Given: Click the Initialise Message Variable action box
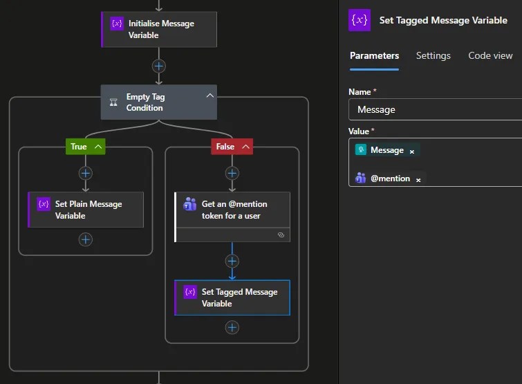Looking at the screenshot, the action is click(x=159, y=30).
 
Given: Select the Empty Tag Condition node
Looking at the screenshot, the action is click(x=159, y=102).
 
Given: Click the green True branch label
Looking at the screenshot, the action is click(x=86, y=147).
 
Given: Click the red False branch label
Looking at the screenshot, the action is click(x=232, y=147).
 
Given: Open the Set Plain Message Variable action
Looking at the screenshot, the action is click(x=86, y=210).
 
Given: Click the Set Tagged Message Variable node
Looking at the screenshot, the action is click(x=232, y=298).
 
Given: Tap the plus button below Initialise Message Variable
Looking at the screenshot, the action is click(x=159, y=66).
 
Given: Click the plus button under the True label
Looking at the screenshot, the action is click(x=86, y=173).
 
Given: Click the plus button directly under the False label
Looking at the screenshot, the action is click(x=232, y=173).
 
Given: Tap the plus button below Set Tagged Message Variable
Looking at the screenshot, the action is click(x=232, y=328).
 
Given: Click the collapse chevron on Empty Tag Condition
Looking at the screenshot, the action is click(x=209, y=95).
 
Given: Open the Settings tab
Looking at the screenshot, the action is click(x=433, y=55).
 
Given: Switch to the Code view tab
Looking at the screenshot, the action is click(x=490, y=55).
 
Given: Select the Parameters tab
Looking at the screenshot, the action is click(x=374, y=55).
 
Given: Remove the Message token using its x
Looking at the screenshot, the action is click(x=412, y=152).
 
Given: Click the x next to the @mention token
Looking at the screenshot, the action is click(x=418, y=180).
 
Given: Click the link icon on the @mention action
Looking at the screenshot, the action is click(x=281, y=235).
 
